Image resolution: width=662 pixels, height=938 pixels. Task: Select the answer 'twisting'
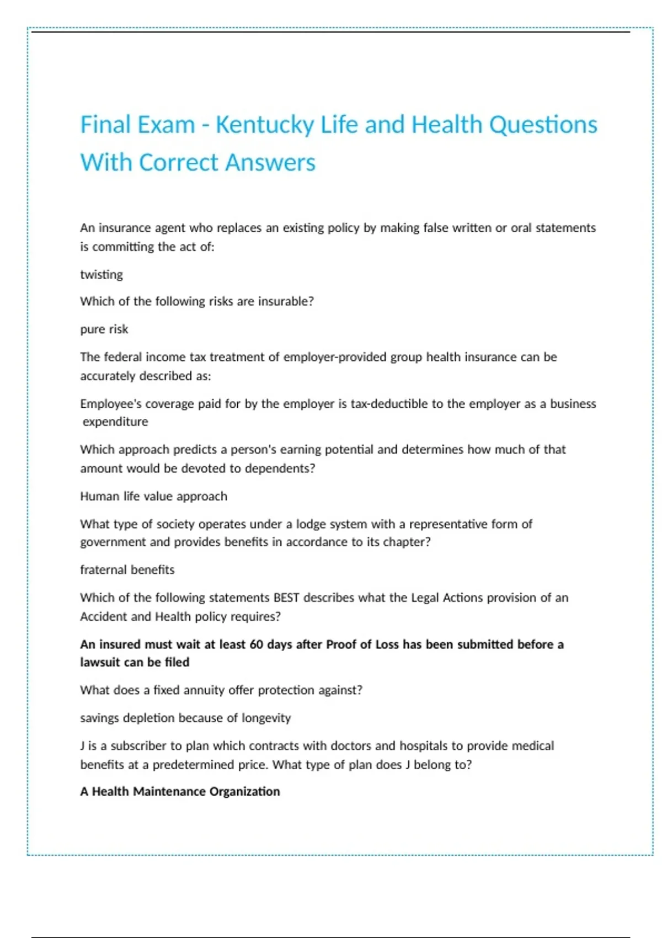pyautogui.click(x=102, y=274)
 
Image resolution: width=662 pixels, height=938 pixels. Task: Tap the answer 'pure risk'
pyautogui.click(x=104, y=329)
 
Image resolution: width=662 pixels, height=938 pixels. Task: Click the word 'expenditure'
pyautogui.click(x=115, y=422)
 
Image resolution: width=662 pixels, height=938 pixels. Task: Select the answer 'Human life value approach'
pyautogui.click(x=153, y=496)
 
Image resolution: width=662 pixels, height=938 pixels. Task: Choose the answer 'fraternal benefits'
pyautogui.click(x=127, y=569)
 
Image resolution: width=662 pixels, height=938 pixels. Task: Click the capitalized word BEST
pyautogui.click(x=286, y=598)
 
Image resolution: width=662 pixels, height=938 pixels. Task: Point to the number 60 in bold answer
pyautogui.click(x=256, y=644)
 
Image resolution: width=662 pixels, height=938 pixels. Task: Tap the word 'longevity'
pyautogui.click(x=266, y=718)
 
